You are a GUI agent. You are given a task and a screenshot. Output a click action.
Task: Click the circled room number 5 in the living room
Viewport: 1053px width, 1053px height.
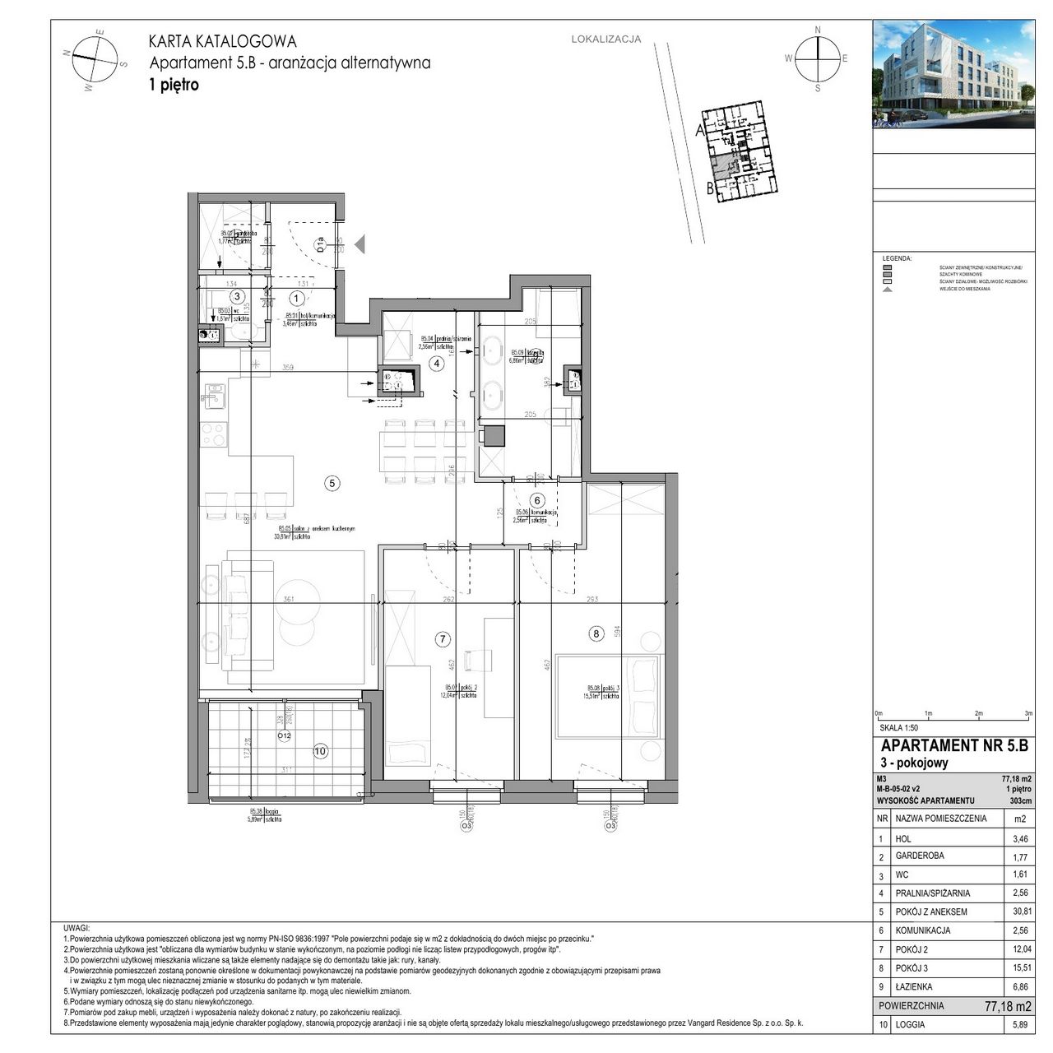pos(332,484)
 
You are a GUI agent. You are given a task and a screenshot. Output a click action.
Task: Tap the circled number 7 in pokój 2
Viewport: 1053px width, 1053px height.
pos(443,638)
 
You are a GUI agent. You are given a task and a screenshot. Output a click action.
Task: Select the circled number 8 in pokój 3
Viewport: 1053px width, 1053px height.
pos(596,633)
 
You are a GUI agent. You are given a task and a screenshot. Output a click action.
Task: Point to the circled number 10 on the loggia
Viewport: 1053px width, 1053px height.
pos(321,750)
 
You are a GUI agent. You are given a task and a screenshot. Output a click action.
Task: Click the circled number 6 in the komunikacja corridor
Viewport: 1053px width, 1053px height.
pos(538,500)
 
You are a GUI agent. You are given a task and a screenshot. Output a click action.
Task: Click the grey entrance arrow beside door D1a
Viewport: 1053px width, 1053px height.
pos(360,243)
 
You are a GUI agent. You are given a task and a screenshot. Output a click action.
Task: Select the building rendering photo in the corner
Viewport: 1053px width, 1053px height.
pos(953,74)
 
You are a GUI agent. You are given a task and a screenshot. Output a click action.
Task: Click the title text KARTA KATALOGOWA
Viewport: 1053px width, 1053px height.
pos(222,42)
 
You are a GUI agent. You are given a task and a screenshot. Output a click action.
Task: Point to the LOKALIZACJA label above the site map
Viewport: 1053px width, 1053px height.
pos(605,39)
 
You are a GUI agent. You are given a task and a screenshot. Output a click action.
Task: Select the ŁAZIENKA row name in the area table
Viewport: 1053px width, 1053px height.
pos(916,986)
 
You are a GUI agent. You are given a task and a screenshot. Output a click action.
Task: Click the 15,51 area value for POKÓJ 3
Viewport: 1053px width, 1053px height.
pos(1019,968)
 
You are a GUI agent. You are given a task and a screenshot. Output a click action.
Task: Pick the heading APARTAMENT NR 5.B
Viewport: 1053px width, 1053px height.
pos(953,746)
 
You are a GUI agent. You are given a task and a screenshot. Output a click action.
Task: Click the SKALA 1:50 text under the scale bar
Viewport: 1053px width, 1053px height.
pos(898,728)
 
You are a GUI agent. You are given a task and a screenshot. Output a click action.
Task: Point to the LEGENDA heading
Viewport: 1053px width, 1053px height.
pos(897,258)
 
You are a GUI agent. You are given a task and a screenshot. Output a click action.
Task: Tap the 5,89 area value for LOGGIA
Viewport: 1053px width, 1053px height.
pos(1021,1025)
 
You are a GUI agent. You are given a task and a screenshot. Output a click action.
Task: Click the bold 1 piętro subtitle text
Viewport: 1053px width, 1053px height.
pos(174,84)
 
